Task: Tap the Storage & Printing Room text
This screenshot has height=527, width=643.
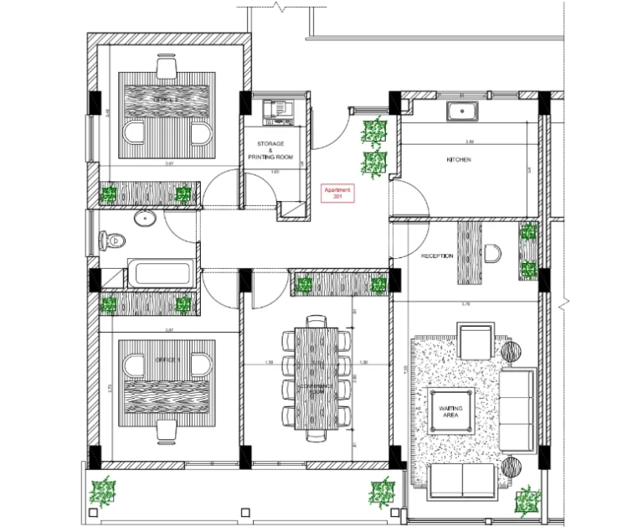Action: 270,150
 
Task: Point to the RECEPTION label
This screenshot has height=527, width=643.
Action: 437,256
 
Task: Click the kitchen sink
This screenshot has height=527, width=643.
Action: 461,110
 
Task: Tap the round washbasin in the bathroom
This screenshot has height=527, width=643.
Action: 145,220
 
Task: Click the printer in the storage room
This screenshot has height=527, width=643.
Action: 276,109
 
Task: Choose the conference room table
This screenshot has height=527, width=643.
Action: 316,376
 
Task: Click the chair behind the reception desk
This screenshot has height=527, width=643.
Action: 492,252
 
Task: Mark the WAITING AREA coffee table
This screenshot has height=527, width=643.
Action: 451,410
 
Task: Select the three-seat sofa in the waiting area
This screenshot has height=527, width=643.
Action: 518,408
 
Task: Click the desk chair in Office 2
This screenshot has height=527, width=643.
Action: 166,65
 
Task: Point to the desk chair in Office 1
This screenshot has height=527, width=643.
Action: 166,430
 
